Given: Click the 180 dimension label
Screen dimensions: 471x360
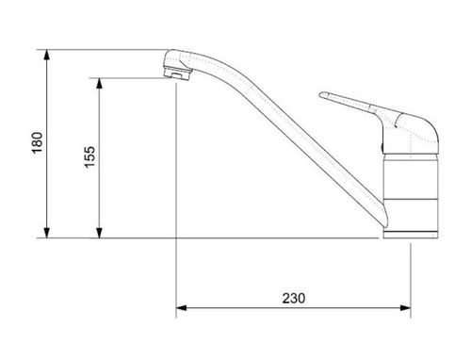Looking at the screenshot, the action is click(x=37, y=142).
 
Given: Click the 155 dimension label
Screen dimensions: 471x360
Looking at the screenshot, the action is click(x=89, y=156).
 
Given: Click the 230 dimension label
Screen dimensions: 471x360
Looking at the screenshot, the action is click(x=294, y=298).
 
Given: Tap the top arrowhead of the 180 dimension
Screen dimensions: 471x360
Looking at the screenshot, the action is click(x=47, y=55).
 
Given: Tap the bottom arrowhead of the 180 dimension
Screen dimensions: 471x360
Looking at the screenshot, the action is click(x=47, y=233).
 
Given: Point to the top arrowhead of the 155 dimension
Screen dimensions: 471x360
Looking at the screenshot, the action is click(x=99, y=83).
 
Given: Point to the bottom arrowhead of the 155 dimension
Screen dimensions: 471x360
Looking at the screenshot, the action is click(x=99, y=233).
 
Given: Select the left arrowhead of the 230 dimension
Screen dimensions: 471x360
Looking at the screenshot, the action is click(x=182, y=308).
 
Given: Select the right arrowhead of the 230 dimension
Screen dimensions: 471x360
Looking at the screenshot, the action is click(x=405, y=308).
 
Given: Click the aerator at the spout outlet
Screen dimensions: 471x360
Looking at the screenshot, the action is click(x=177, y=74).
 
